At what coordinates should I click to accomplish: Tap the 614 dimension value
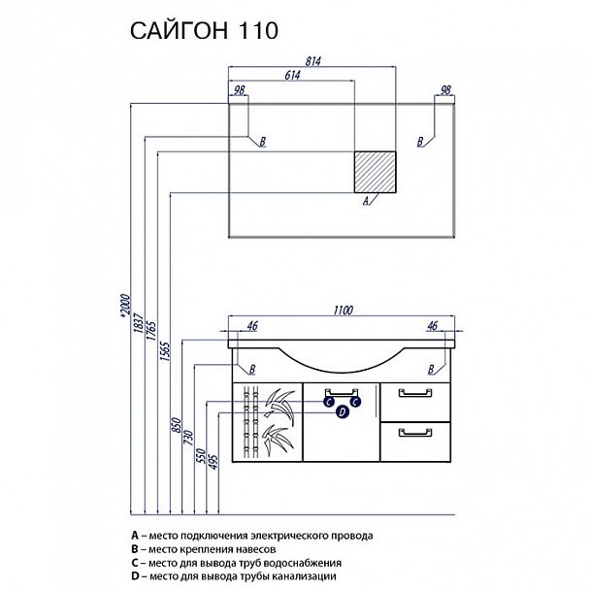292,76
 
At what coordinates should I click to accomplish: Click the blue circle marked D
343,412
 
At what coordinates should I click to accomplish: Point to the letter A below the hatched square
365,202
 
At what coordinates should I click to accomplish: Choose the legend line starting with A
251,535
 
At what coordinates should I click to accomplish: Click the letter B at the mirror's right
420,142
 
